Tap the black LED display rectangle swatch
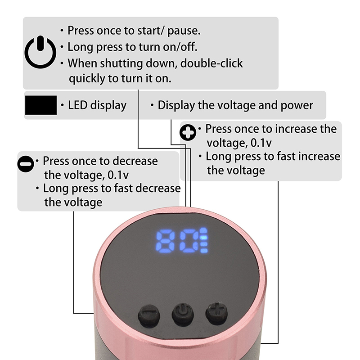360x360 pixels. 41,105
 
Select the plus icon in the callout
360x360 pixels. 188,132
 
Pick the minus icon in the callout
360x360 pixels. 26,164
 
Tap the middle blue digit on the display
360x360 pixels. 189,241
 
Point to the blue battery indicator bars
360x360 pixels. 204,240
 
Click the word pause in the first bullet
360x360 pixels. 184,31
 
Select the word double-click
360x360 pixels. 211,63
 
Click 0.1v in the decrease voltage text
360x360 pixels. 118,175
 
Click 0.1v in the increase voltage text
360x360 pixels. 261,143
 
